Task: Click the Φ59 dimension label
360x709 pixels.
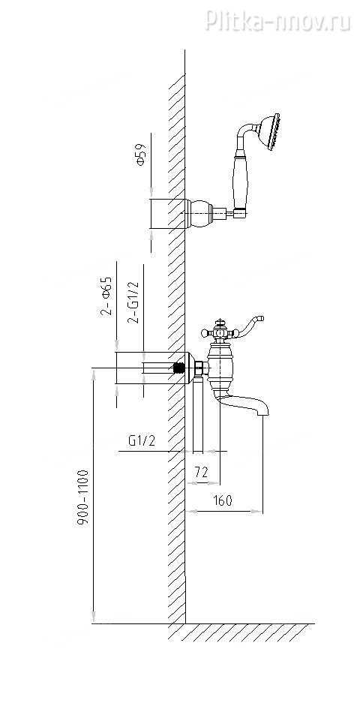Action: pyautogui.click(x=141, y=155)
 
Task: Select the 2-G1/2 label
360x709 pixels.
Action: pyautogui.click(x=133, y=302)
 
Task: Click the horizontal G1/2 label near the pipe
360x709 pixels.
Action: pyautogui.click(x=142, y=440)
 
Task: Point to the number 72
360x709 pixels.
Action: pyautogui.click(x=201, y=472)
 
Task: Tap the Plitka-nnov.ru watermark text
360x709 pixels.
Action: pyautogui.click(x=277, y=20)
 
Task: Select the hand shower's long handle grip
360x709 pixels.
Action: pyautogui.click(x=240, y=181)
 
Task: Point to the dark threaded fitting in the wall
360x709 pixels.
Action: pyautogui.click(x=180, y=368)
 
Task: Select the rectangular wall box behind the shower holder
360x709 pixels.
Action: pyautogui.click(x=167, y=213)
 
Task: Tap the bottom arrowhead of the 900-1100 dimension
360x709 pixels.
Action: pyautogui.click(x=94, y=617)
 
